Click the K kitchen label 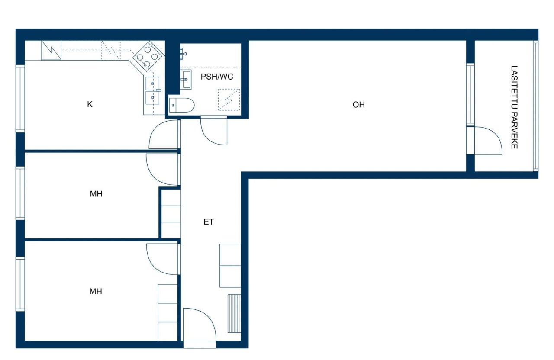coord(90,104)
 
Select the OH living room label coord(358,105)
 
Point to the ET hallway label coord(209,222)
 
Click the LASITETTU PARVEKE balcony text coord(514,107)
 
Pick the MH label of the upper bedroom coord(96,194)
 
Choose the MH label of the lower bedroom coord(96,292)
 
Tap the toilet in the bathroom coord(182,105)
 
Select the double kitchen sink coord(152,90)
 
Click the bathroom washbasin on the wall coord(186,80)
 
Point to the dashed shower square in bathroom coord(229,100)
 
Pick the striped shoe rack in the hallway coord(234,313)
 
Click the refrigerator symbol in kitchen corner coord(52,51)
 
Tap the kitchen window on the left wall coord(20,98)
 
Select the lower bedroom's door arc coord(162,259)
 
